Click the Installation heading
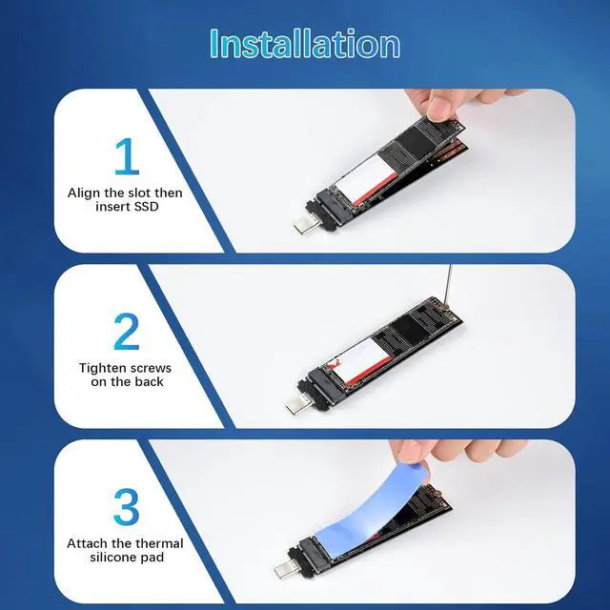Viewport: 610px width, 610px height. [x=305, y=43]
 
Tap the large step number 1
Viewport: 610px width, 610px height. [x=127, y=156]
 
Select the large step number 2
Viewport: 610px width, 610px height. [x=127, y=332]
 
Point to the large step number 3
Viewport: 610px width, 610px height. [x=127, y=507]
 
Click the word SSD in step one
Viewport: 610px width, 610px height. [x=146, y=206]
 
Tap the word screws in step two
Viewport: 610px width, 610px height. [x=151, y=369]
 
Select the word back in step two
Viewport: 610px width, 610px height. [x=151, y=381]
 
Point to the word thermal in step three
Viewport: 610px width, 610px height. [x=160, y=543]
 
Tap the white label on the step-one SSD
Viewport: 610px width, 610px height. [x=366, y=175]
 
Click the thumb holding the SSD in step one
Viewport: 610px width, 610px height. [x=439, y=108]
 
